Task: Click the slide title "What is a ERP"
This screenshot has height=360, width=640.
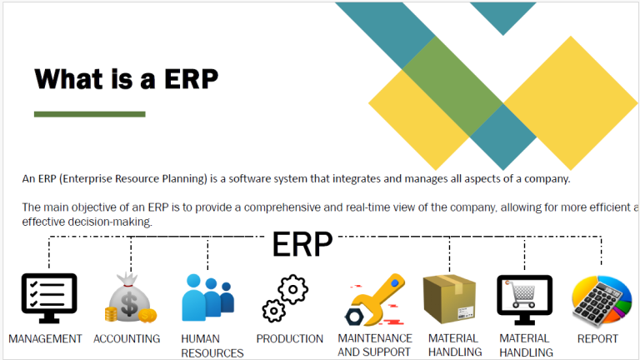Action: point(126,79)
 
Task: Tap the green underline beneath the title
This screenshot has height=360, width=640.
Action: point(90,114)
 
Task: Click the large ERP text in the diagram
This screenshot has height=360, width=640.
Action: point(302,244)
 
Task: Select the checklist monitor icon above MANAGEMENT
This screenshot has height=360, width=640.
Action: point(49,298)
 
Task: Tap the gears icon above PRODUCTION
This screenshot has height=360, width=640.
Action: point(285,298)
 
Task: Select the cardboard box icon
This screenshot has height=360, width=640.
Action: point(449,299)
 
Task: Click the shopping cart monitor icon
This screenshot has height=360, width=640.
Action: point(524,300)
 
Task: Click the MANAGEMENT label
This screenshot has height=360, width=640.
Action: point(45,339)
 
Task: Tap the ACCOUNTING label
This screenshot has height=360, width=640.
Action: point(127,339)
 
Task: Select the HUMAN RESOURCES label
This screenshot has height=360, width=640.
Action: point(212,346)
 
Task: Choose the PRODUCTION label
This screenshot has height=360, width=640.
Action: point(290,339)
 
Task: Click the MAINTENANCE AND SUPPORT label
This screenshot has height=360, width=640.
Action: point(375,345)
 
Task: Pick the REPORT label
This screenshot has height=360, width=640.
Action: point(597,339)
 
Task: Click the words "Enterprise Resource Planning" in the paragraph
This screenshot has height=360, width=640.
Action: point(133,179)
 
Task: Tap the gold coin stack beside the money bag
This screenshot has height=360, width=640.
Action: point(111,314)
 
